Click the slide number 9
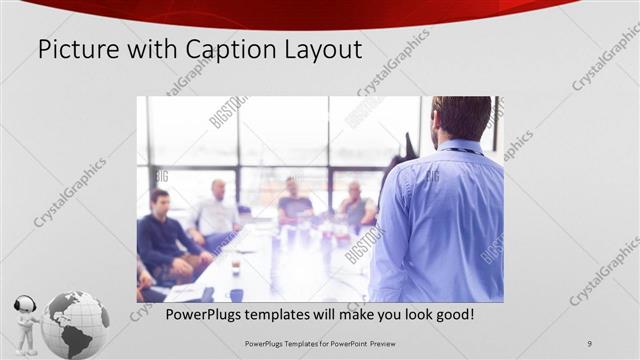[590, 344]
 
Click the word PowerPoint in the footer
[348, 344]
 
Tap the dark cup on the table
[236, 294]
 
